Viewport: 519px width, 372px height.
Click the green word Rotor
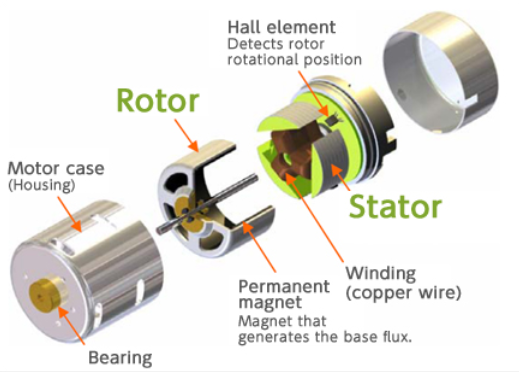point(158,100)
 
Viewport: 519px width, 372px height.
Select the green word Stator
point(395,206)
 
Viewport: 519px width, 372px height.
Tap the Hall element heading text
point(282,27)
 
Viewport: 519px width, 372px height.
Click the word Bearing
point(120,358)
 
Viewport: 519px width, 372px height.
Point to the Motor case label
point(56,168)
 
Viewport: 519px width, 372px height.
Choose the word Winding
point(381,274)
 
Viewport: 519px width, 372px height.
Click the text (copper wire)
point(404,292)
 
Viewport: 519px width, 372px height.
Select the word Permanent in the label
point(284,287)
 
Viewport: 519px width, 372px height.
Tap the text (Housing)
point(42,184)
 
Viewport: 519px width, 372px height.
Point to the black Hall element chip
point(331,120)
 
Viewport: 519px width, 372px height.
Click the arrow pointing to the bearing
point(72,325)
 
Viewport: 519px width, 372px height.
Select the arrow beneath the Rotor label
point(186,135)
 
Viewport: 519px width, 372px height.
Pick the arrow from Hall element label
point(313,92)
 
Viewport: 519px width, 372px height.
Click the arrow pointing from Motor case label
point(69,214)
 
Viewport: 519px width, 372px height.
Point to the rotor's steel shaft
point(207,203)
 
